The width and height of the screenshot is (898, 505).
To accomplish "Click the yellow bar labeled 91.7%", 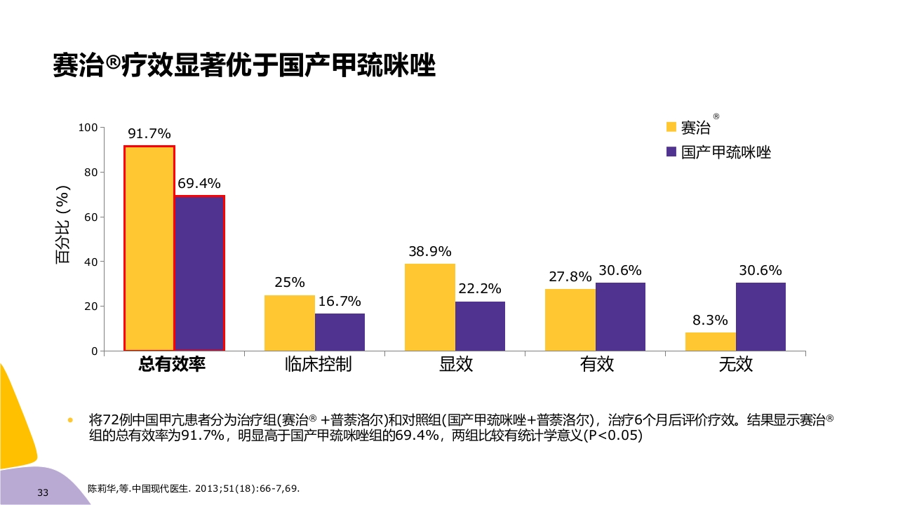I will coord(149,248).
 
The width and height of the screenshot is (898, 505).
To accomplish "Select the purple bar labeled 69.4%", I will coord(199,274).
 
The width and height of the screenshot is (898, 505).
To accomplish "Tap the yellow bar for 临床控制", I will coord(289,323).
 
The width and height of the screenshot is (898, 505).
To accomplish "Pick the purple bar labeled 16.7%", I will coord(340,332).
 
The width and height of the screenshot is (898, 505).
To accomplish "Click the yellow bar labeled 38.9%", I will coord(429,307).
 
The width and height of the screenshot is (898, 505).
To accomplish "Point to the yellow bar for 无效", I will coord(710,342).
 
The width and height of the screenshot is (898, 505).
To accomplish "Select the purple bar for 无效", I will coord(760,316).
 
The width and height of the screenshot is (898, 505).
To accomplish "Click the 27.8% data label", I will coord(570,277).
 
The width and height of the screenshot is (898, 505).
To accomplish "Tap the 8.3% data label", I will coord(710,321).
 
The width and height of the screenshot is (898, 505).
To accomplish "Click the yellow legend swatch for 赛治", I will coord(671,127).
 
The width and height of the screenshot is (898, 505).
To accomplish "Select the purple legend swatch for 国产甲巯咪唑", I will coord(671,152).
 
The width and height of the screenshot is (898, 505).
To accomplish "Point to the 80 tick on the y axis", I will coord(90,172).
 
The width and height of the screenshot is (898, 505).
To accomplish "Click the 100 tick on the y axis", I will coord(88,128).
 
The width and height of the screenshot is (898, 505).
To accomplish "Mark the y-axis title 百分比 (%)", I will coord(62,224).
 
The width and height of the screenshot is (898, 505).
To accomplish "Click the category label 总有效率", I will coord(172,365).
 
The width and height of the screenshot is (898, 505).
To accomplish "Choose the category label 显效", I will coord(455,365).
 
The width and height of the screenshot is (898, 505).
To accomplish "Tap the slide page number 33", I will coord(43,493).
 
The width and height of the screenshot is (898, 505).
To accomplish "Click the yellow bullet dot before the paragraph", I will coord(69,421).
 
